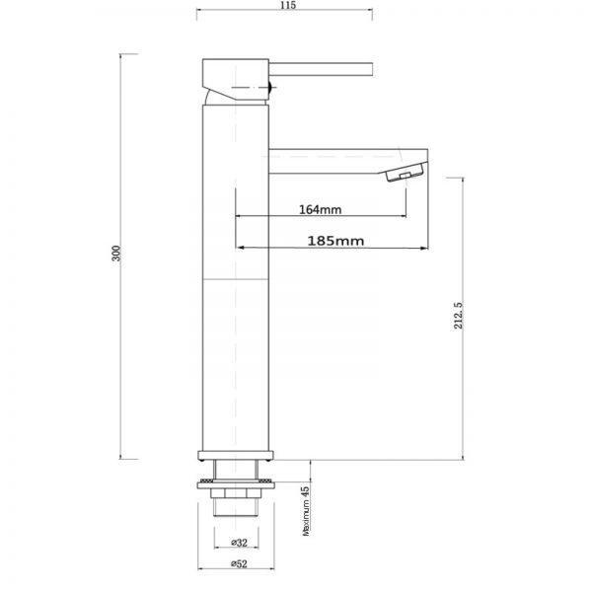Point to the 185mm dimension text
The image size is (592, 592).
click(334, 240)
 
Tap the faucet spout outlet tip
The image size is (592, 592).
click(405, 176)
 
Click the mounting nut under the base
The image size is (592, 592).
click(235, 484)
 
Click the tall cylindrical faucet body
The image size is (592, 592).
click(235, 296)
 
